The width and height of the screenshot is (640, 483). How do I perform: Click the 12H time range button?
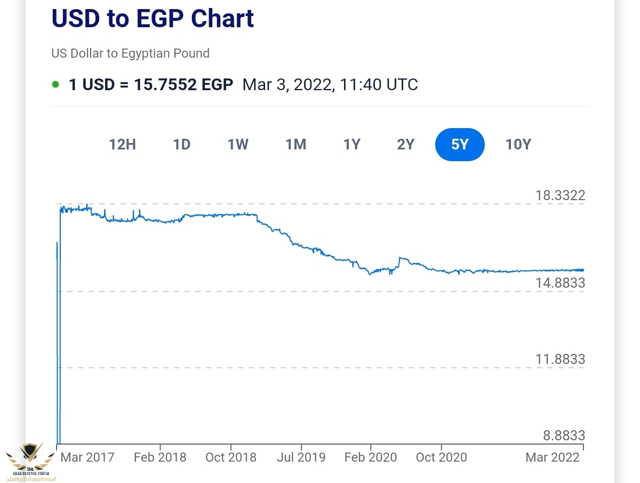point(123,145)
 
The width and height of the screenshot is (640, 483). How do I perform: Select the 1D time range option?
point(182,145)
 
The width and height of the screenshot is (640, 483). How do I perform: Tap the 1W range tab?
point(238,145)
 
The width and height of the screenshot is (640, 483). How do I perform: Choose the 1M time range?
point(295,145)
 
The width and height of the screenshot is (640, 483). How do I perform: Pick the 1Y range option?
point(352,145)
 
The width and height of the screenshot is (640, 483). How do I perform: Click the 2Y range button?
point(406,145)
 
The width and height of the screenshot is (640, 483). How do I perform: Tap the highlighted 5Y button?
point(460,145)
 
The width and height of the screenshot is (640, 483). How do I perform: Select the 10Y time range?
point(518,145)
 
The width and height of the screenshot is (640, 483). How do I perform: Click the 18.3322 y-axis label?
point(560,195)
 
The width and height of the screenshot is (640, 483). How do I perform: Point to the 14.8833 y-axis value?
point(560,283)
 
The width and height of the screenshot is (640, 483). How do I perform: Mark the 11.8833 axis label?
point(560,359)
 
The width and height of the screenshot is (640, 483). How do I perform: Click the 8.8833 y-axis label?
point(564,436)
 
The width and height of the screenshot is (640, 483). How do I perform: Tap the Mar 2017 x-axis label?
point(87,457)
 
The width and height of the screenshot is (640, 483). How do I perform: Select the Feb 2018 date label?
point(160,457)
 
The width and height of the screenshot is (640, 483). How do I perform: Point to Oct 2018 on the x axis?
point(230,457)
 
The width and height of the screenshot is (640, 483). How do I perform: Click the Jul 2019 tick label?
point(301,457)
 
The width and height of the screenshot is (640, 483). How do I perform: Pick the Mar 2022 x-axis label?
point(553,457)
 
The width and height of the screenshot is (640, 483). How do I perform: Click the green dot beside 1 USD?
point(55,84)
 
